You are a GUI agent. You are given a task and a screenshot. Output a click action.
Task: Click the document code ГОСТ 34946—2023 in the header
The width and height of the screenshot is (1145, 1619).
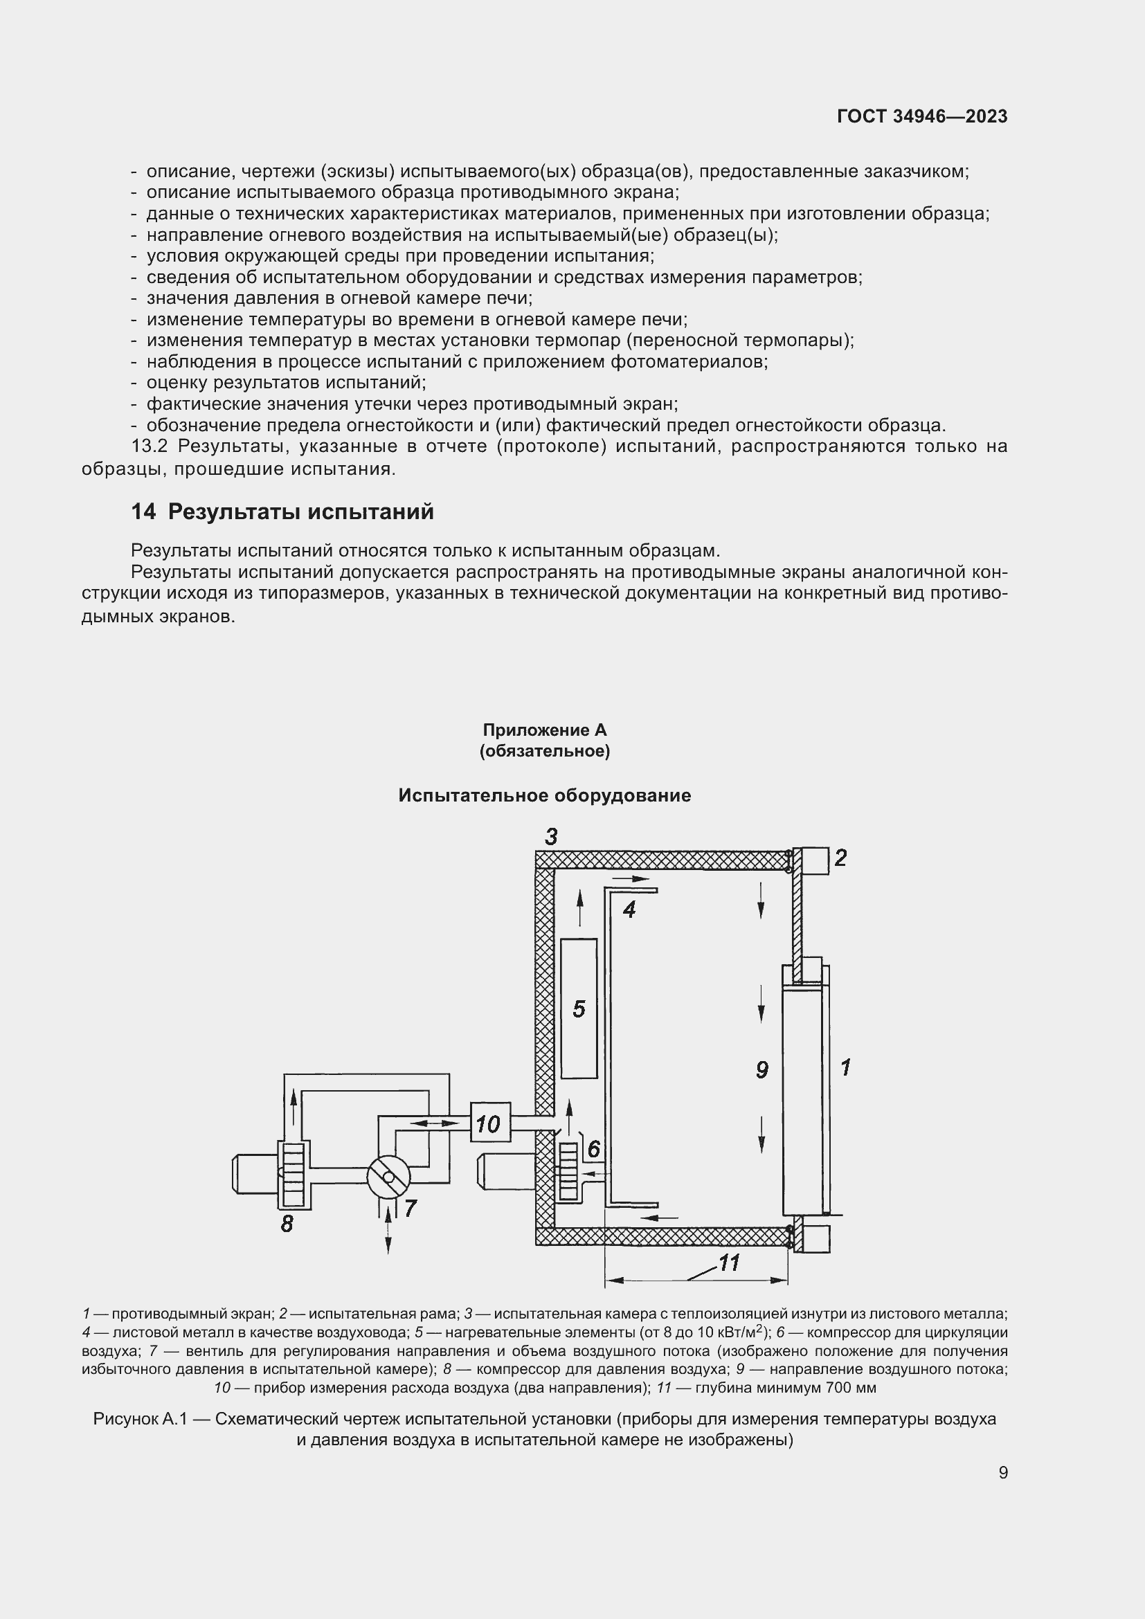pos(921,116)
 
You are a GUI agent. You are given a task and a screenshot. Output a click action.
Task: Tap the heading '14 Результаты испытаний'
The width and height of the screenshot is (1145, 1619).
pos(282,512)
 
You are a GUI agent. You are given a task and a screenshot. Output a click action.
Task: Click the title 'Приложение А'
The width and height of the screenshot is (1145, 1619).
pos(544,730)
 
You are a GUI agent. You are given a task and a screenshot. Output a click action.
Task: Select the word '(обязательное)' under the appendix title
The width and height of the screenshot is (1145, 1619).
pos(544,751)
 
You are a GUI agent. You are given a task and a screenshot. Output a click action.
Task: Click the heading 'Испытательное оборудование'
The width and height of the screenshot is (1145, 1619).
pos(544,795)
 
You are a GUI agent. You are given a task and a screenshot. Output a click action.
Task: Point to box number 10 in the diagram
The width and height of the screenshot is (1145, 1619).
pos(490,1124)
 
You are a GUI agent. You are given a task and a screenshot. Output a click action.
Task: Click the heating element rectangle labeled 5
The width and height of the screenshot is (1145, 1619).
pos(579,1009)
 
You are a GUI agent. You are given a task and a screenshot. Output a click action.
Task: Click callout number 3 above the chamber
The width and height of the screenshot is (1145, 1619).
pos(551,837)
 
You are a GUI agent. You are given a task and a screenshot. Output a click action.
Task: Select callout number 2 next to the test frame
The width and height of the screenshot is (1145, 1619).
pos(840,858)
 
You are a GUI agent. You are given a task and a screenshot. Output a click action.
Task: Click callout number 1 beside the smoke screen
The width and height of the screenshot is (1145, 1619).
pos(846,1067)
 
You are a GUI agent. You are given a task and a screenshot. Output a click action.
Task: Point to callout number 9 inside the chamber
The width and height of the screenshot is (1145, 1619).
pos(761,1070)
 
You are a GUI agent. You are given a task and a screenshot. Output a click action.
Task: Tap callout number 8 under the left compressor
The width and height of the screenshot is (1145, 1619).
pos(287,1225)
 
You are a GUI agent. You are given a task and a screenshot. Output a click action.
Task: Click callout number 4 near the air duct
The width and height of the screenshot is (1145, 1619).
pos(629,910)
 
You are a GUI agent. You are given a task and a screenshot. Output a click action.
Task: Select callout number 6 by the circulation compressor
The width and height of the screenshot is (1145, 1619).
pos(594,1150)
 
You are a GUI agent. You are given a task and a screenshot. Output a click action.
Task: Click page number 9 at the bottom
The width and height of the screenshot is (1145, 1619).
pos(1002,1472)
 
